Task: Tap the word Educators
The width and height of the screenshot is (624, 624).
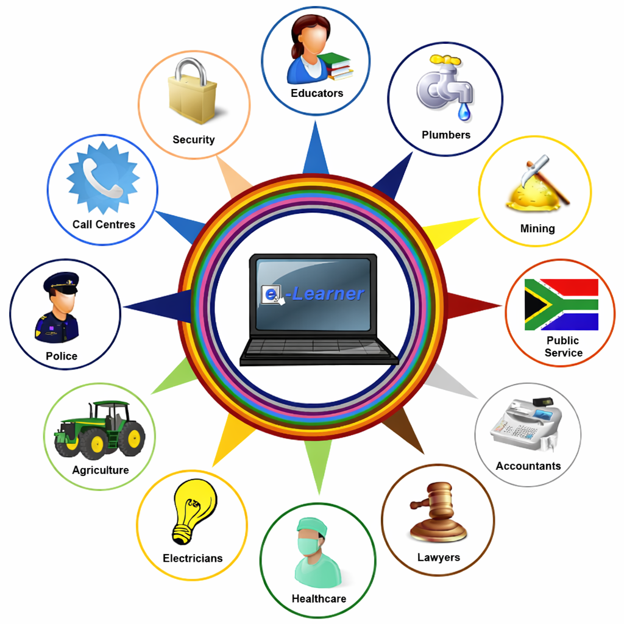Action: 317,93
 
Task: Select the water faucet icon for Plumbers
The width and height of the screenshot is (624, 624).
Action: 442,85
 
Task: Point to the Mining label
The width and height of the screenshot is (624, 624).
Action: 537,229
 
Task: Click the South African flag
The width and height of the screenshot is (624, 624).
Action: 561,305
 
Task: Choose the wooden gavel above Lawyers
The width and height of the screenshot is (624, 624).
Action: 438,512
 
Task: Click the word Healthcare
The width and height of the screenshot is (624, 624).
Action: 319,598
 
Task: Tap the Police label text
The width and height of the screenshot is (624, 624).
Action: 62,356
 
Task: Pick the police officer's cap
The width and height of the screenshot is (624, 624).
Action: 61,283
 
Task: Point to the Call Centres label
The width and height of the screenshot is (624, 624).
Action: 104,224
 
